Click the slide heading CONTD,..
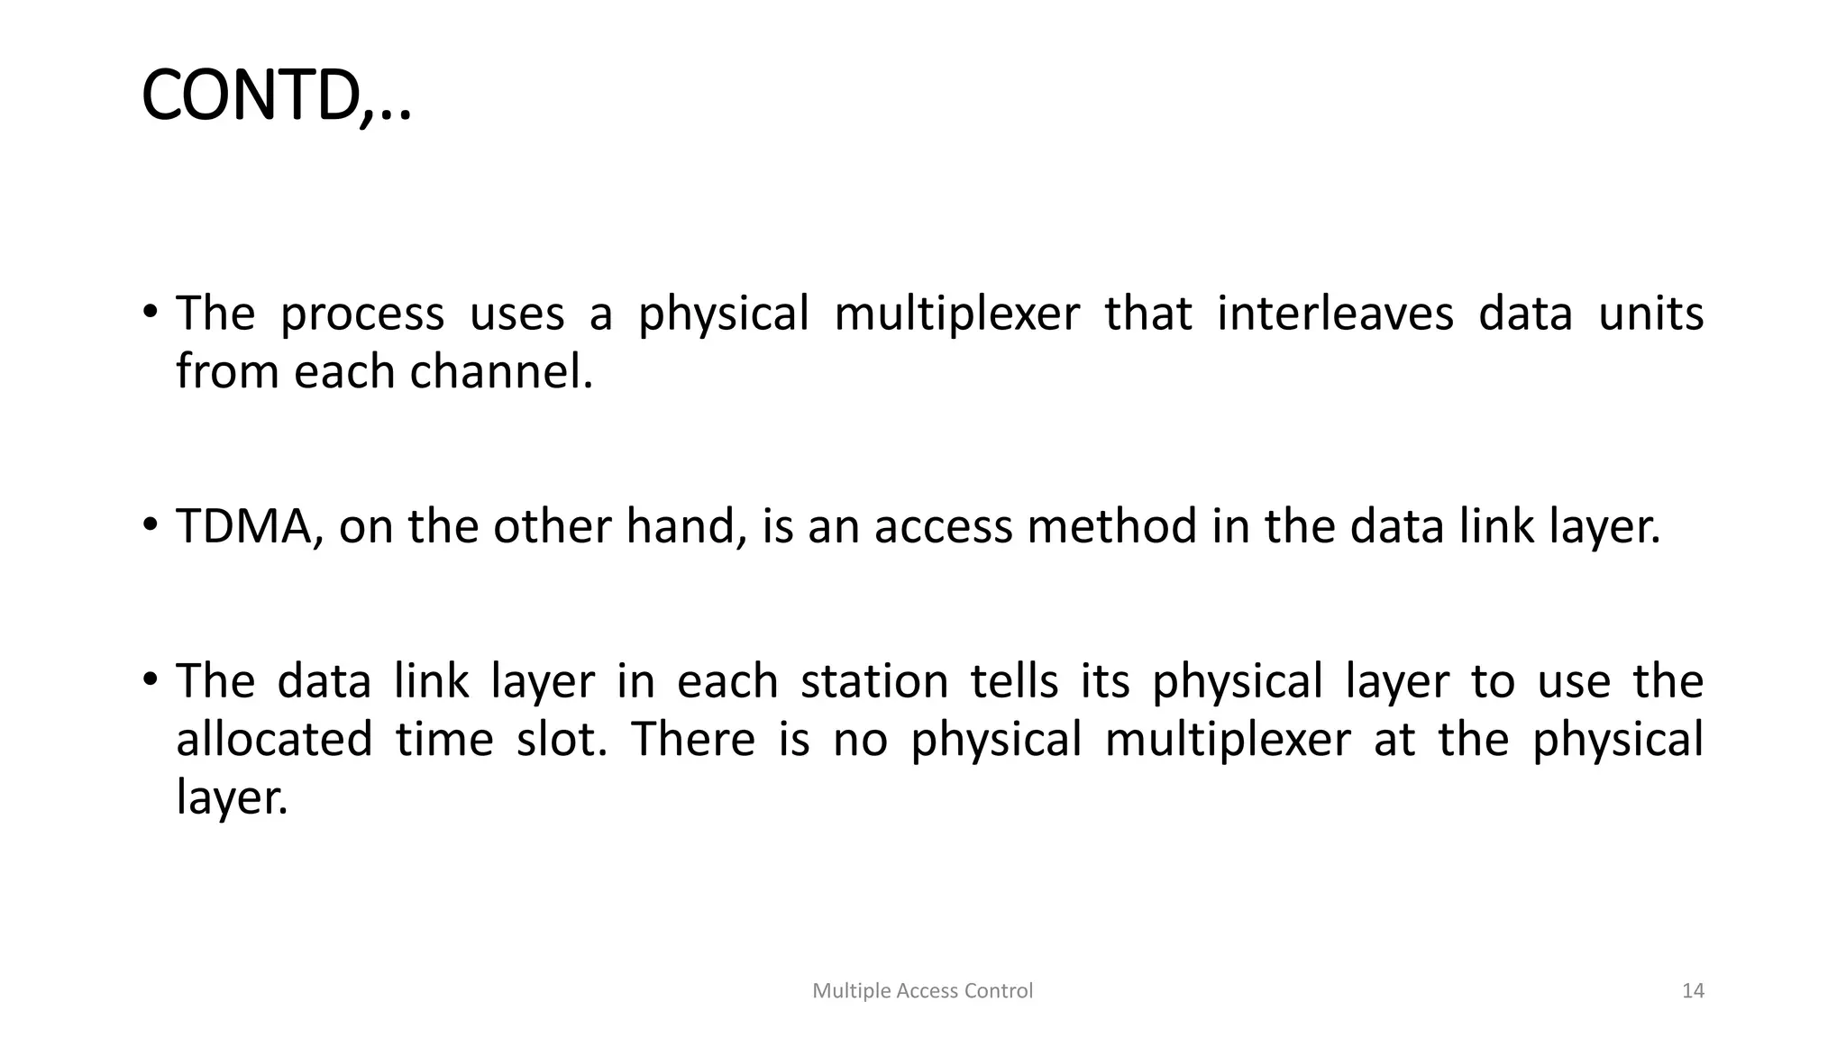point(276,96)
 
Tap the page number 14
point(1693,991)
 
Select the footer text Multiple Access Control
point(922,991)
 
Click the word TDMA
point(242,526)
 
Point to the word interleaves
point(1335,314)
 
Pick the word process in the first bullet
point(362,315)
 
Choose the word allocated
point(274,739)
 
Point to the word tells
point(1014,681)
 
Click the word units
point(1650,314)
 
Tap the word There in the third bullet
point(692,739)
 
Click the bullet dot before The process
point(150,312)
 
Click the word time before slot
point(444,739)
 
